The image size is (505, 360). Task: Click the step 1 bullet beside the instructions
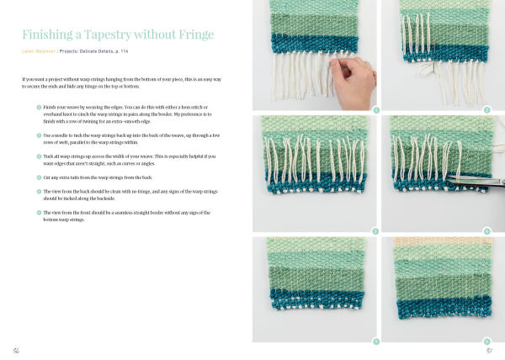pos(39,107)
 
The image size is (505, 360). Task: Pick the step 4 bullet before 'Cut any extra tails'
pos(39,177)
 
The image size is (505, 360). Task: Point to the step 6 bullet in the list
pos(39,213)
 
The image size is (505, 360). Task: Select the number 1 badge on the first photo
pos(375,110)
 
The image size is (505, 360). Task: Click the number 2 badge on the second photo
pos(486,110)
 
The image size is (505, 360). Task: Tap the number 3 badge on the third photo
pos(375,230)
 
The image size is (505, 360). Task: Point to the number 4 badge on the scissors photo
pos(486,230)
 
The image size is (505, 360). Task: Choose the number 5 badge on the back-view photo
pos(375,341)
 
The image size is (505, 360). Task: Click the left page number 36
pos(16,349)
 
